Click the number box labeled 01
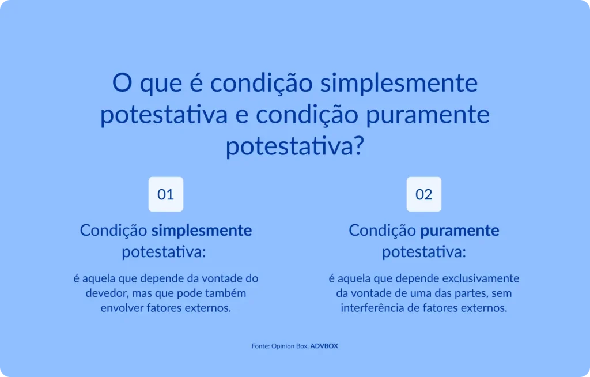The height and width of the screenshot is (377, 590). (x=166, y=194)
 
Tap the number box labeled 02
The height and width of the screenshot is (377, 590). (x=424, y=194)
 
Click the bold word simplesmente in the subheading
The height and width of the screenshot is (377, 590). (x=202, y=231)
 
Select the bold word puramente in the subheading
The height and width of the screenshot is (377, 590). (x=460, y=231)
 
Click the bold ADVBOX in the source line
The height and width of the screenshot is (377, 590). (x=324, y=346)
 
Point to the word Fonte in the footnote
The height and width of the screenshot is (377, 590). (x=260, y=346)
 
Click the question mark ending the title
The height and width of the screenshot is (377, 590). (x=358, y=147)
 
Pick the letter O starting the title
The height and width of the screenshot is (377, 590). (x=121, y=84)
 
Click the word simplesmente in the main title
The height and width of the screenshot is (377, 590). (x=399, y=84)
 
